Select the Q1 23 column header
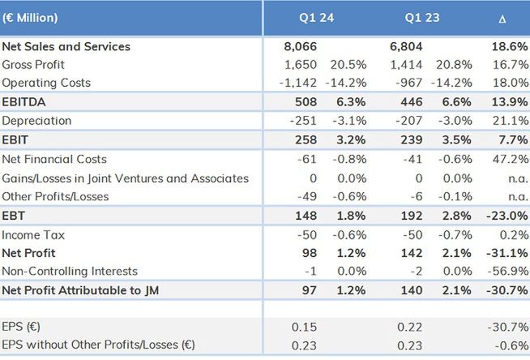[x=421, y=17]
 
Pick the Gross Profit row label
[x=33, y=65]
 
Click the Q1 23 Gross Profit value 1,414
[x=406, y=65]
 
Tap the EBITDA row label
[x=25, y=103]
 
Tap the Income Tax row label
[x=31, y=235]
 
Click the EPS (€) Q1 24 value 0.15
[x=305, y=326]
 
